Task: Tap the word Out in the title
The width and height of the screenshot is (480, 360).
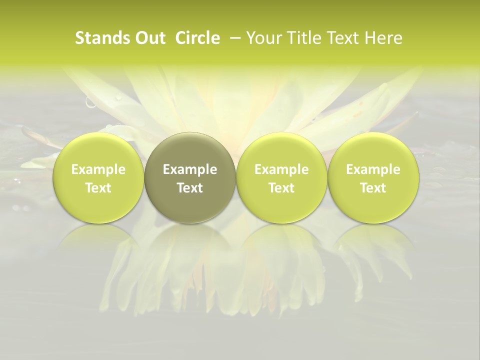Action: click(x=149, y=38)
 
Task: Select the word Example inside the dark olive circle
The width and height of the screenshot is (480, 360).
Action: click(x=190, y=170)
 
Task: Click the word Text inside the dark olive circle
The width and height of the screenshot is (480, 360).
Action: click(x=190, y=188)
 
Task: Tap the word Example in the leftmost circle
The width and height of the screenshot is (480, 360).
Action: click(x=98, y=170)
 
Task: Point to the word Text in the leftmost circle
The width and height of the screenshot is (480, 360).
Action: click(x=98, y=188)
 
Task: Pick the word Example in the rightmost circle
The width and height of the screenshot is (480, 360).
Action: click(x=373, y=170)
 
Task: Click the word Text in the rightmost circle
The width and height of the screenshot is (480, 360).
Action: click(x=373, y=188)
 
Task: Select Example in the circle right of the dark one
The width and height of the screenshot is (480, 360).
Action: click(x=281, y=170)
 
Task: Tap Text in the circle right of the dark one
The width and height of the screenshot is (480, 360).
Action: click(x=281, y=188)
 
